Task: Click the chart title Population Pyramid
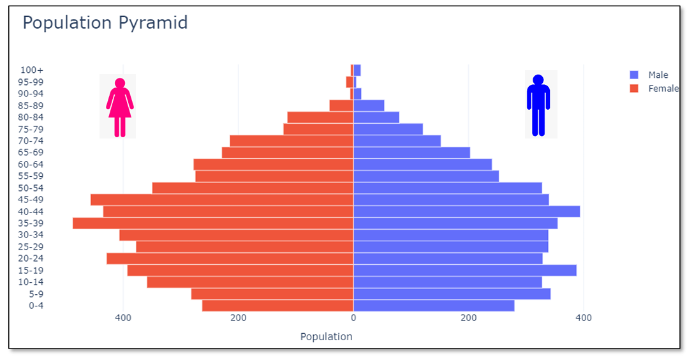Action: click(x=105, y=23)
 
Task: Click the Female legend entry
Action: click(x=663, y=89)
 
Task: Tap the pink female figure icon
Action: click(x=119, y=105)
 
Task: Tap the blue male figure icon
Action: click(x=538, y=104)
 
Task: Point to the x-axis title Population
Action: click(x=326, y=336)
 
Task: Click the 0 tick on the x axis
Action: click(x=353, y=318)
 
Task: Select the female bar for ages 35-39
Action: click(x=213, y=223)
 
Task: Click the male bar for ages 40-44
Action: click(x=466, y=211)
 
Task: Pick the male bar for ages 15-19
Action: click(x=464, y=271)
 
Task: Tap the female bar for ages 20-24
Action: click(x=230, y=259)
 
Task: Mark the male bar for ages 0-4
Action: click(x=434, y=306)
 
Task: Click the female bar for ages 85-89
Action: click(x=341, y=105)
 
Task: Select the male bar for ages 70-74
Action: click(x=397, y=141)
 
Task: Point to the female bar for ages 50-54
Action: click(x=253, y=188)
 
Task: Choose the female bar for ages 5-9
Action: click(x=272, y=294)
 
